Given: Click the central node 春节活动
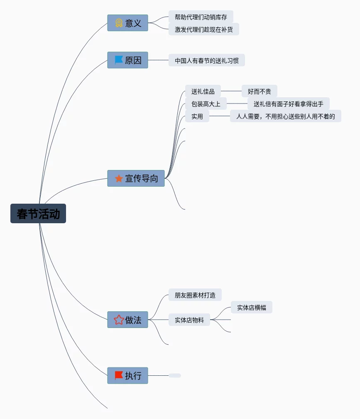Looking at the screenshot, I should pos(38,214).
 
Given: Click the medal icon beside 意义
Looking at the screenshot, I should pos(119,23).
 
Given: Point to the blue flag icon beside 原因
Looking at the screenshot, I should pos(119,60).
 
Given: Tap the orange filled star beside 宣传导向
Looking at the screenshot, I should pos(119,178).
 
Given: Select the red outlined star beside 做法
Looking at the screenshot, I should pos(119,320).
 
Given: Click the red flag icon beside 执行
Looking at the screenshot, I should pos(119,375).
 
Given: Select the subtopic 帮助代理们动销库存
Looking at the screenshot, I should pos(201,17).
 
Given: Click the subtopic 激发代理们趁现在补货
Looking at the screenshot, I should pos(204,30).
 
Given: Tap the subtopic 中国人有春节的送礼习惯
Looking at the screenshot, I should pos(207,60).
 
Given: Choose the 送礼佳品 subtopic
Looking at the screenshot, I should pos(203,91).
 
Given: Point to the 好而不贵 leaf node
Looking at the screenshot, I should pos(260,91).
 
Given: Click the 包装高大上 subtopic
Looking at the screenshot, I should pos(206,104).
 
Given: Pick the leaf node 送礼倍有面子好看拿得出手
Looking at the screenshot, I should pos(289,104).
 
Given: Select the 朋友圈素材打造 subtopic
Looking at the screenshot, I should pos(195,295).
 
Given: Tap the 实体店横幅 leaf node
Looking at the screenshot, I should pos(252,308).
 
